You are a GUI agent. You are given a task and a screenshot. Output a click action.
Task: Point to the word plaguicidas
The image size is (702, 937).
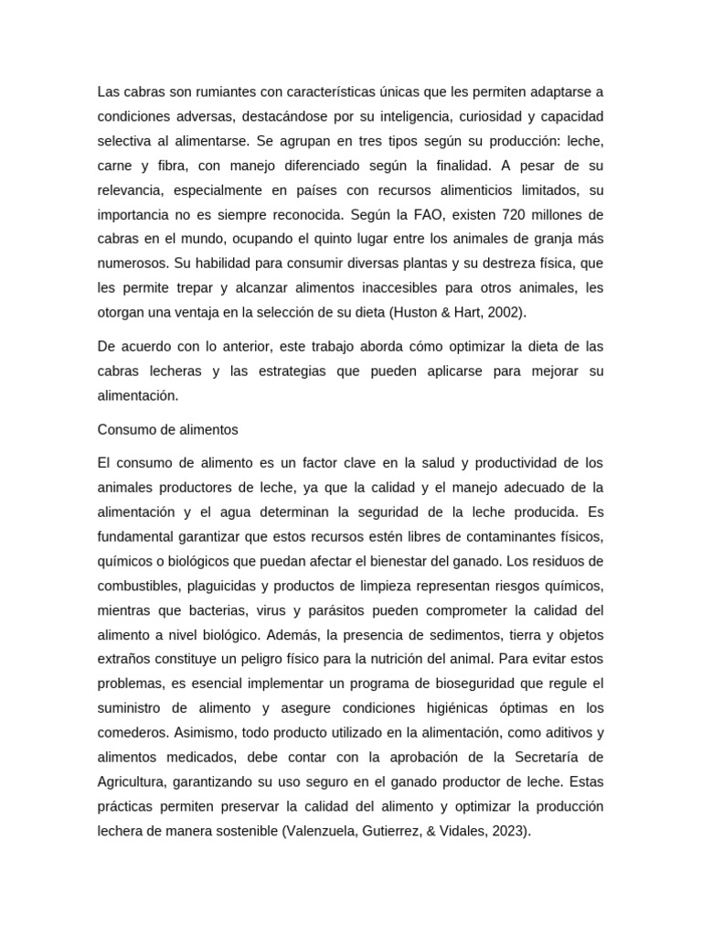pos(236,585)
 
